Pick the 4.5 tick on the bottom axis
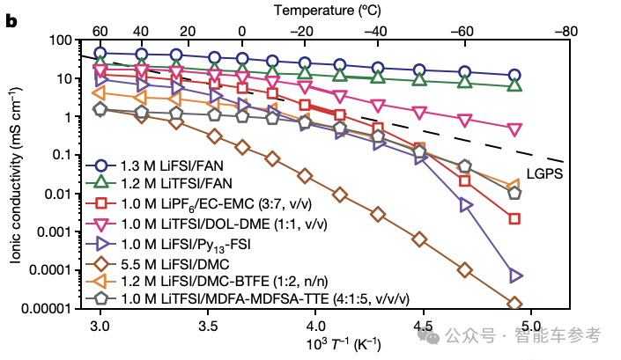pos(420,326)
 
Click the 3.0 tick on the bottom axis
pos(100,326)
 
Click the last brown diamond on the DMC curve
pos(515,304)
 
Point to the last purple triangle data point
pos(515,276)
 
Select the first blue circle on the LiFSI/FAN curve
pos(100,54)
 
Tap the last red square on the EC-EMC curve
pos(515,218)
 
